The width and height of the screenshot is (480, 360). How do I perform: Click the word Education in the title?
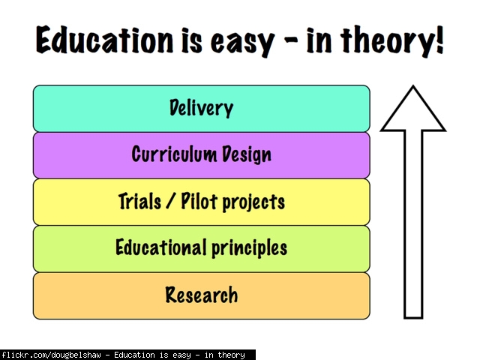coord(104,40)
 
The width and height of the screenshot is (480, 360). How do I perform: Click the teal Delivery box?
coord(202,109)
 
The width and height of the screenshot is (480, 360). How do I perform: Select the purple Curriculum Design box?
coord(202,155)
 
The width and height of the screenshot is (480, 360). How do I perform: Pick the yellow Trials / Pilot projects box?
coord(202,202)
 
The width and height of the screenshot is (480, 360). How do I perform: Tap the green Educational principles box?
coord(202,249)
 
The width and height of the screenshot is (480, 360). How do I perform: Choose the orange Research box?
coord(202,296)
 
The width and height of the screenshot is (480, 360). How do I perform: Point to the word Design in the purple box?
coord(247,154)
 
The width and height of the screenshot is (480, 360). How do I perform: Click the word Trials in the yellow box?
coord(139,201)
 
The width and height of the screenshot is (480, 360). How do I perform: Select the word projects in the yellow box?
coord(253,202)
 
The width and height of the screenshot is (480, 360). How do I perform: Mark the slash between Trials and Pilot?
coord(171,201)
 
